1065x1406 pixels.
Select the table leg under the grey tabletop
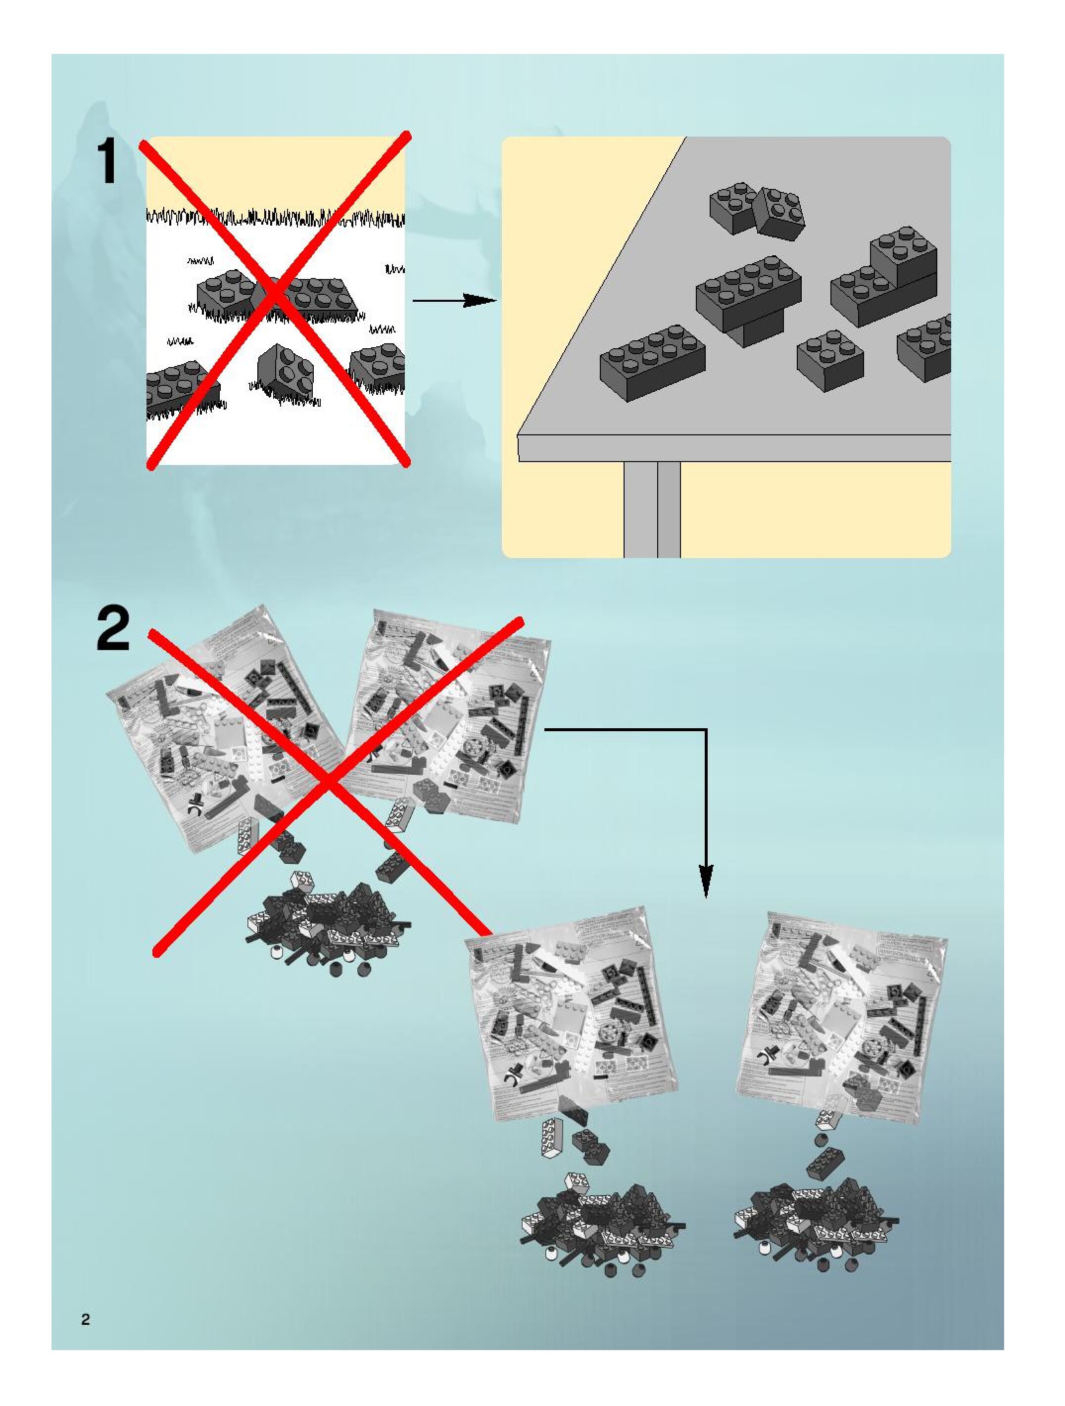tap(652, 509)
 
